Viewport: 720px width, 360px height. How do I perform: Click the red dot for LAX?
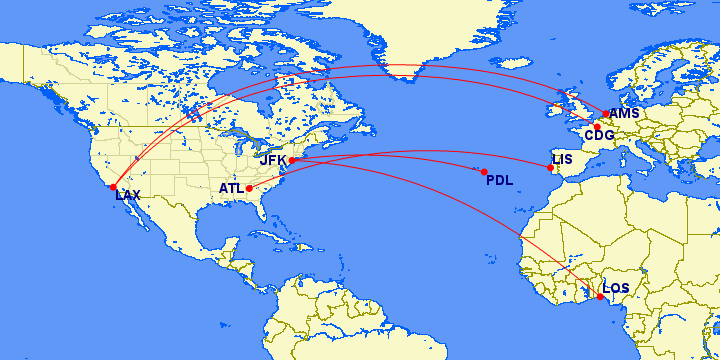pyautogui.click(x=113, y=187)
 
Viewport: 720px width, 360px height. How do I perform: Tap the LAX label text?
pyautogui.click(x=128, y=195)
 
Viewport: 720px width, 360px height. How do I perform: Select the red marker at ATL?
pyautogui.click(x=249, y=188)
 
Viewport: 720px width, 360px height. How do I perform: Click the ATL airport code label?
pyautogui.click(x=231, y=188)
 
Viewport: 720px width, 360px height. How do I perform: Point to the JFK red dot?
pyautogui.click(x=292, y=160)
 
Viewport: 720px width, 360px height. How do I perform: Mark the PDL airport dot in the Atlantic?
pyautogui.click(x=484, y=172)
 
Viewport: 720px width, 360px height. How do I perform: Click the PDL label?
pyautogui.click(x=499, y=180)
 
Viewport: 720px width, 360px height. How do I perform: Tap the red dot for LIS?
pyautogui.click(x=550, y=168)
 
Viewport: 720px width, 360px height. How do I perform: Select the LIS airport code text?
pyautogui.click(x=562, y=159)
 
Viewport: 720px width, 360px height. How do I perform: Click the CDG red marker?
pyautogui.click(x=597, y=127)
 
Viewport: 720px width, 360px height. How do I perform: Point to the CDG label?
pyautogui.click(x=599, y=136)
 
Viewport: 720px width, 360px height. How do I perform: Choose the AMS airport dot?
pyautogui.click(x=606, y=114)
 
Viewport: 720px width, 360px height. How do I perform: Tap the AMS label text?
pyautogui.click(x=623, y=114)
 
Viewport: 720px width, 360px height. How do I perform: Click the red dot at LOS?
pyautogui.click(x=600, y=296)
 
